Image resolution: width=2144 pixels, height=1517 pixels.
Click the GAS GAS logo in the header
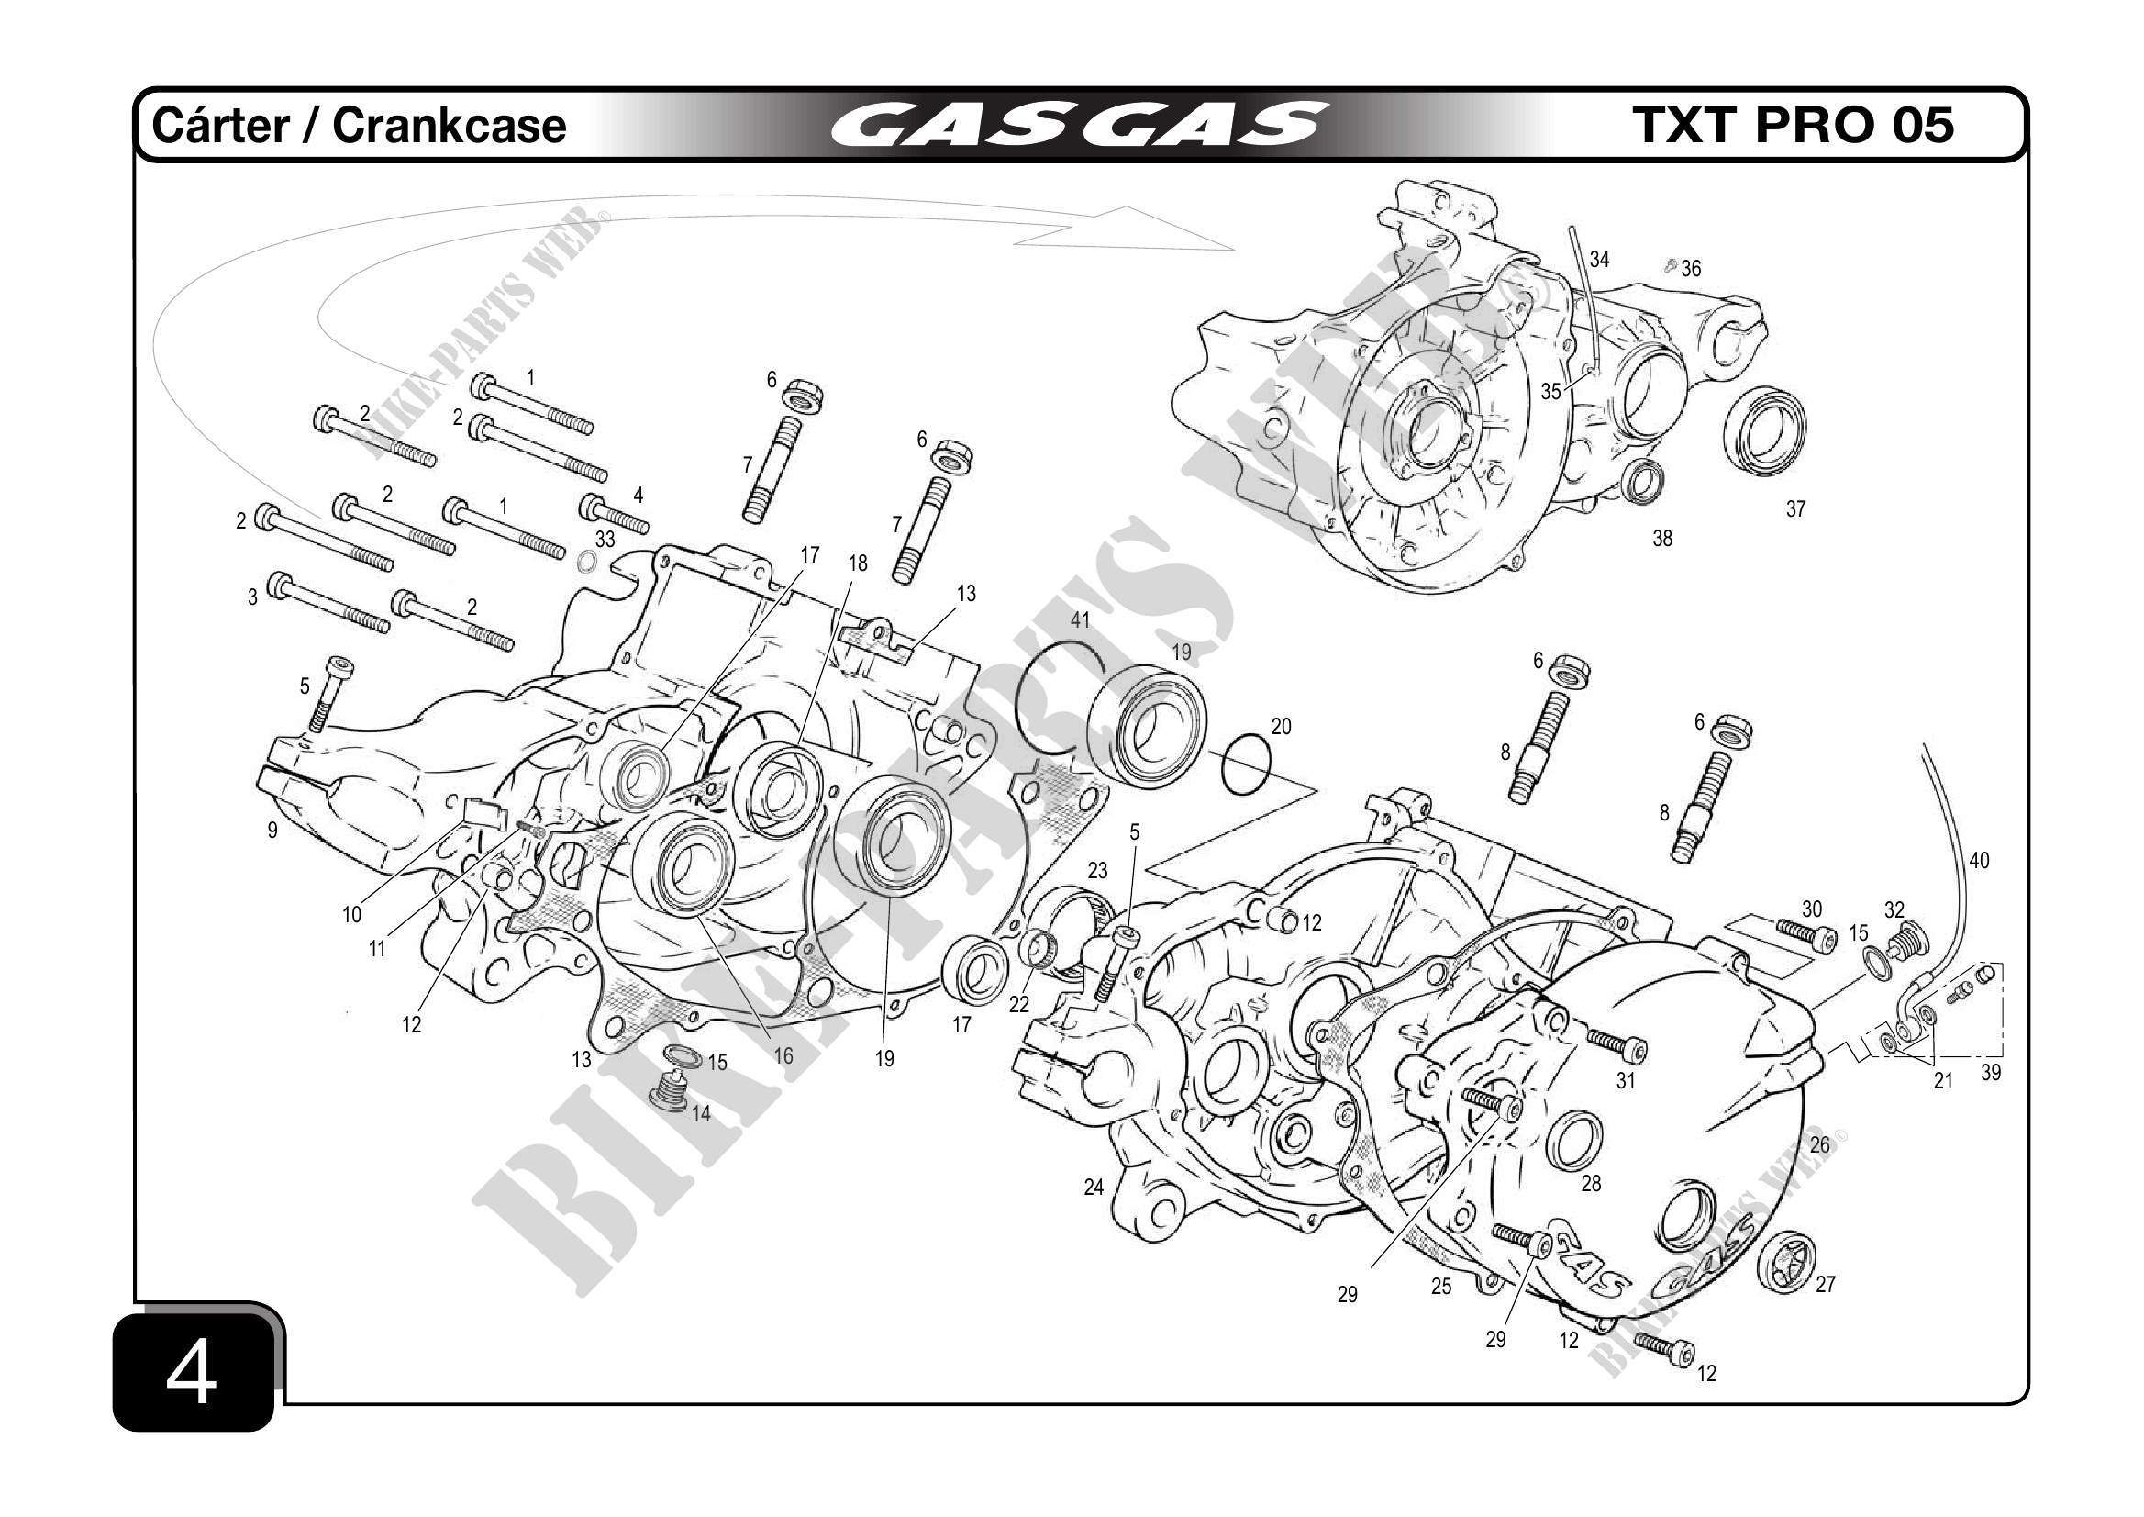1078,125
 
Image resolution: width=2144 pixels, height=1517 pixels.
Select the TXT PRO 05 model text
1792,125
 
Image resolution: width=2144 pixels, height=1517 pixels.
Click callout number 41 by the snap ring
1080,620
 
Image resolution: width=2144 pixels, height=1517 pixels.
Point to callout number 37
1794,509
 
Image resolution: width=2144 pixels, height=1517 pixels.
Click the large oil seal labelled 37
1764,431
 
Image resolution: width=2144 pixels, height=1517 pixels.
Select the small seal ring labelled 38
1641,481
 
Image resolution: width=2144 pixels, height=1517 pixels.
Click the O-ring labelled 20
1245,764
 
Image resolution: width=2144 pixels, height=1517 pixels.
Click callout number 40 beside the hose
1979,860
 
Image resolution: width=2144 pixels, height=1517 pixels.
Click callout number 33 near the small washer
605,539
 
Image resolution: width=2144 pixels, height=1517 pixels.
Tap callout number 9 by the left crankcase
272,830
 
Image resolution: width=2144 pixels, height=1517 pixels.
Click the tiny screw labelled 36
1671,267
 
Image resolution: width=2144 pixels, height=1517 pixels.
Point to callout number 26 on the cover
1820,1144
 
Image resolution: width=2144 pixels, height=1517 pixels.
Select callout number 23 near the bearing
1097,871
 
